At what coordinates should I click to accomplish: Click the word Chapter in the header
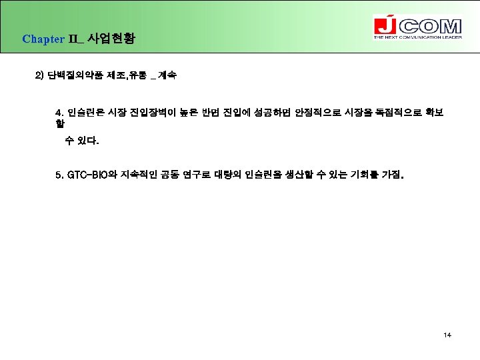(x=43, y=39)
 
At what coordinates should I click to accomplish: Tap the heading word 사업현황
(x=111, y=38)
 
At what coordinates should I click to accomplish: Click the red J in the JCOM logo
(x=383, y=26)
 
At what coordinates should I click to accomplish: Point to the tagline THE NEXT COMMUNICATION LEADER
(x=417, y=37)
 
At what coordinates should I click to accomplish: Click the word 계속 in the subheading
(x=167, y=75)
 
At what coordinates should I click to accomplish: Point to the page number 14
(x=447, y=335)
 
